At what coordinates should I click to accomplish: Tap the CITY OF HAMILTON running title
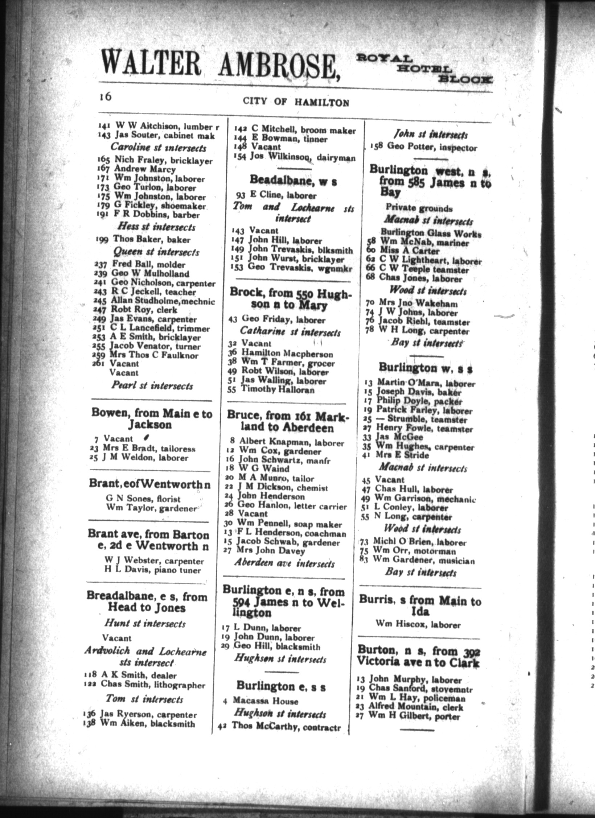pyautogui.click(x=296, y=102)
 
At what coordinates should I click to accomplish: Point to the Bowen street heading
pyautogui.click(x=152, y=419)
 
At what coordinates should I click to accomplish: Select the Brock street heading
pyautogui.click(x=291, y=298)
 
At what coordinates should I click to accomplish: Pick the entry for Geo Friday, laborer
pyautogui.click(x=283, y=319)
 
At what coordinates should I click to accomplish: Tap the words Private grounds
pyautogui.click(x=419, y=208)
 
